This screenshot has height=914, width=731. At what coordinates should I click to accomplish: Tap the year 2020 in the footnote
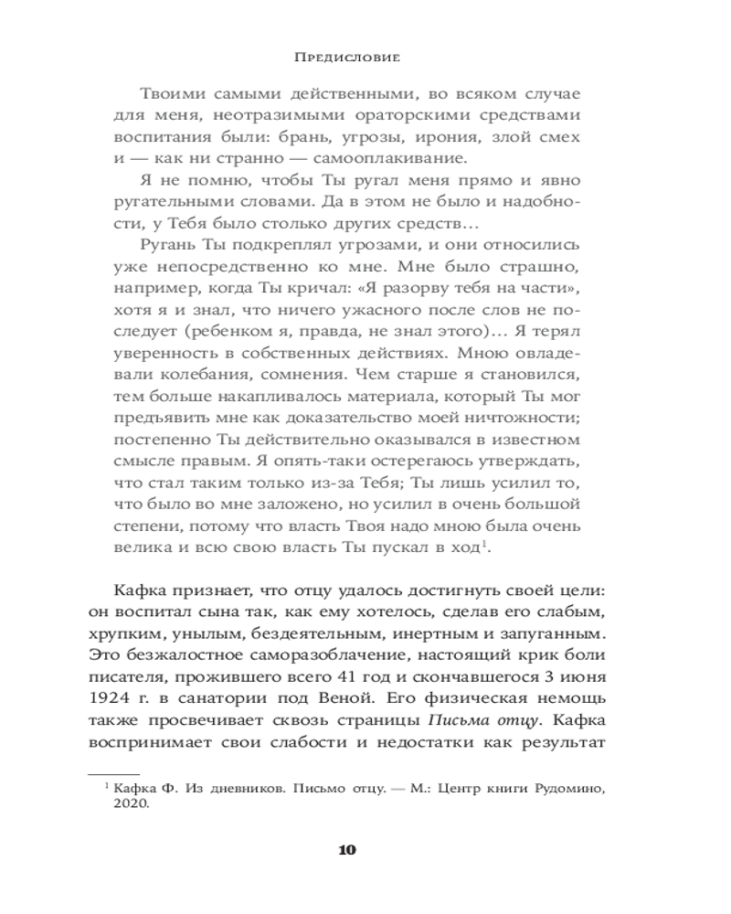(131, 804)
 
